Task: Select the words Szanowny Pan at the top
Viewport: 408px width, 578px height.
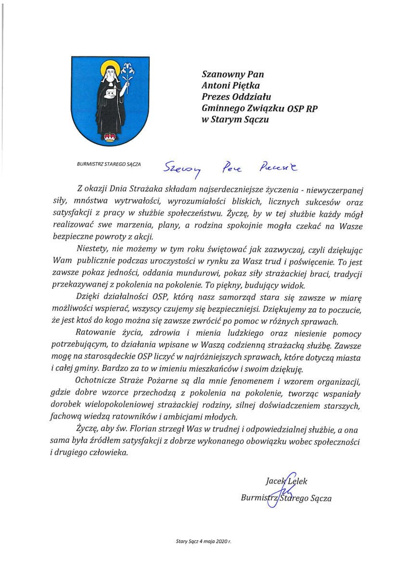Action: (x=233, y=74)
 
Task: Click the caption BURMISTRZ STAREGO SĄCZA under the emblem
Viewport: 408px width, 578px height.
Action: (x=108, y=164)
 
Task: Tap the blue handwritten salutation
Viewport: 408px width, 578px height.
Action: (x=231, y=168)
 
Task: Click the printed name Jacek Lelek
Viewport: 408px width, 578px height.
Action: (x=286, y=481)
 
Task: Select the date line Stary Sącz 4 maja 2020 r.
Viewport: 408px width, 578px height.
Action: (x=204, y=542)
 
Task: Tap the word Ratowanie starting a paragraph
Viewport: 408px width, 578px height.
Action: (x=97, y=334)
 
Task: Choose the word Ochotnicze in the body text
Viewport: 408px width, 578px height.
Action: (x=99, y=382)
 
